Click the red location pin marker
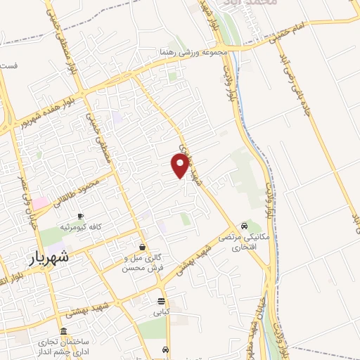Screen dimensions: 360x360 (x=180, y=165)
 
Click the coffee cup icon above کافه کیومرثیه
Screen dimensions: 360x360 (x=81, y=216)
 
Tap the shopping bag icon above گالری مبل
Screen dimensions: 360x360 (x=143, y=247)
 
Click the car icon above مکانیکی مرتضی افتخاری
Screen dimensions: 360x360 (x=243, y=226)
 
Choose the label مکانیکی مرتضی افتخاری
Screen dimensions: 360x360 (x=243, y=243)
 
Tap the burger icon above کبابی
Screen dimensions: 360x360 (x=162, y=299)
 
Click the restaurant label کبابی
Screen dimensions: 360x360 (x=162, y=309)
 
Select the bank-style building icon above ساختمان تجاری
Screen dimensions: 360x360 (x=64, y=332)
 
